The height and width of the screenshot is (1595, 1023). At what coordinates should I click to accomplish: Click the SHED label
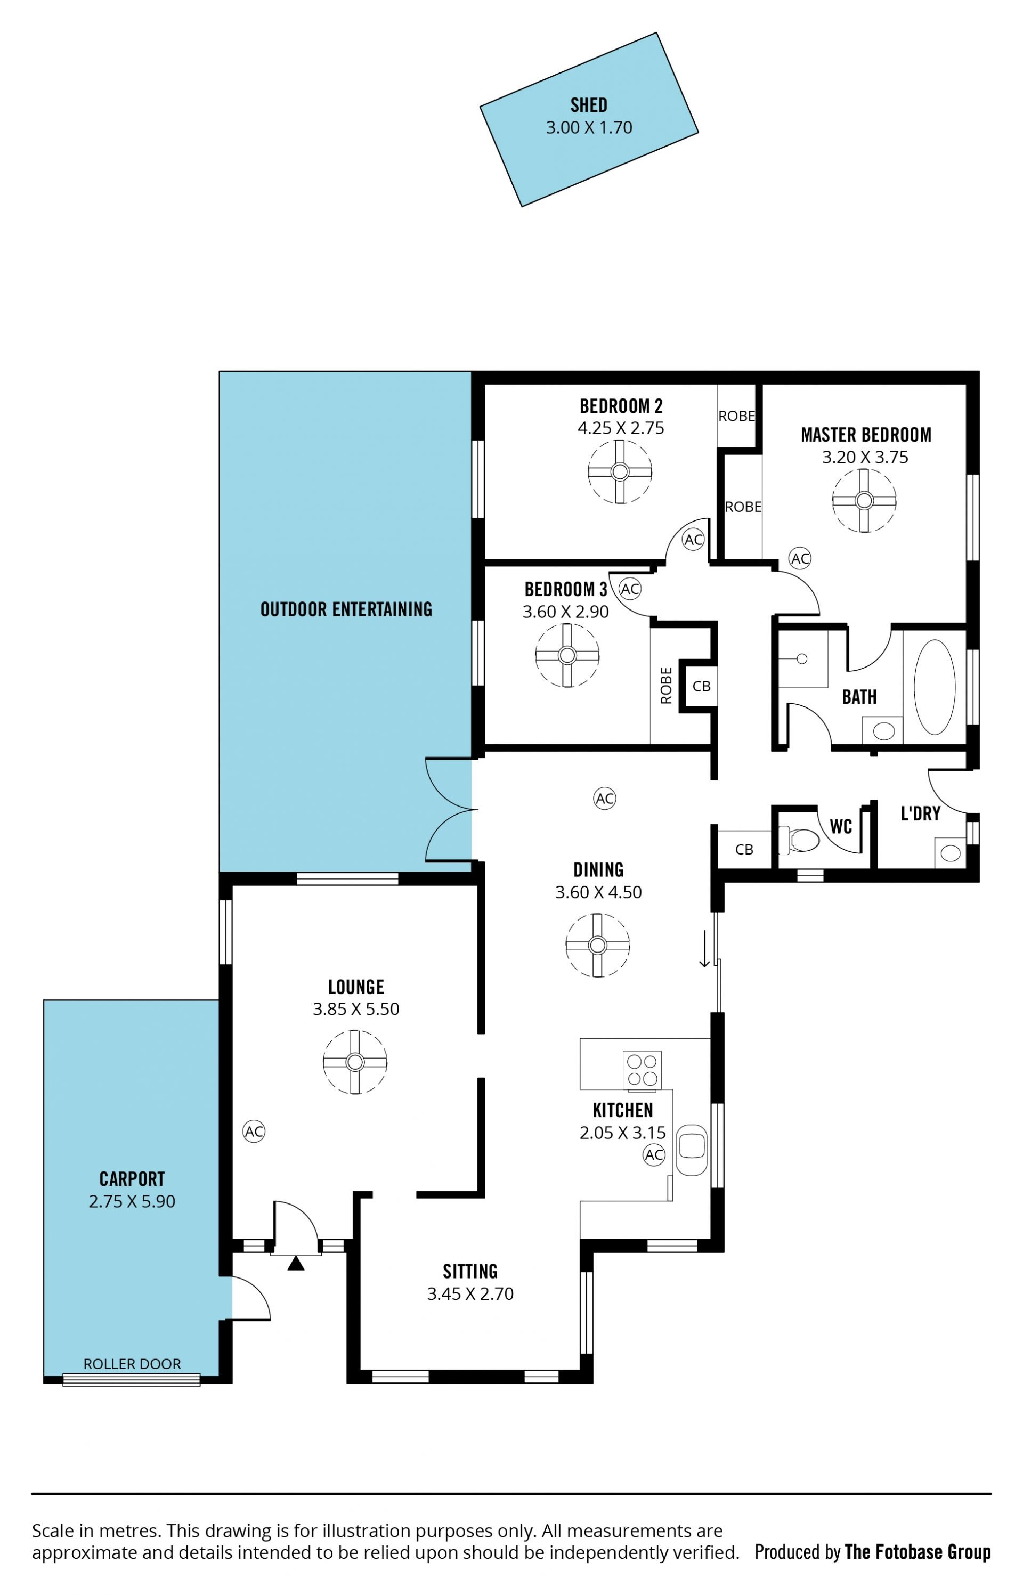(589, 105)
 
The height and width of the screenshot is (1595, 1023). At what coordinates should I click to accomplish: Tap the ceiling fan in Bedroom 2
(620, 472)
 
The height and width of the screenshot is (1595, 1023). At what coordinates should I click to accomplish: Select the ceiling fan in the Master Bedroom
(864, 501)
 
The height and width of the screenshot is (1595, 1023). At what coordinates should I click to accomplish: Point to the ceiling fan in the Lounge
(355, 1062)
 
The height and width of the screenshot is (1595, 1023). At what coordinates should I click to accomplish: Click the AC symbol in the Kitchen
(654, 1155)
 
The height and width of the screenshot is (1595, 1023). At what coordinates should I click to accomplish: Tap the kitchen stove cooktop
(642, 1070)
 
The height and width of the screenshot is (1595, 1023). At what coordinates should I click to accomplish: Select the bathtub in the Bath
(935, 687)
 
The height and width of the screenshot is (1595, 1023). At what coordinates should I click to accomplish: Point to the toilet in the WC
(799, 840)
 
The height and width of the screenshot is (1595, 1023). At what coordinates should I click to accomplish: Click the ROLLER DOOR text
(132, 1364)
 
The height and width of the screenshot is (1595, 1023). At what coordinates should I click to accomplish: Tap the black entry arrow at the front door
(296, 1263)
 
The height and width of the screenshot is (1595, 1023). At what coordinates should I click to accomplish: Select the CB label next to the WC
(744, 849)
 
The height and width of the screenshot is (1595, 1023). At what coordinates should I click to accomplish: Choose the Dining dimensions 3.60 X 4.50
(598, 892)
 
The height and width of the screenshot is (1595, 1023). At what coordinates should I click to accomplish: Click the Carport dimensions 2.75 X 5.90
(132, 1201)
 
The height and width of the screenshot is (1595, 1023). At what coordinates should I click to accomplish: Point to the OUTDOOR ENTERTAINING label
(346, 609)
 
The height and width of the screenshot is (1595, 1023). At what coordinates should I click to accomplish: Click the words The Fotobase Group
(918, 1552)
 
